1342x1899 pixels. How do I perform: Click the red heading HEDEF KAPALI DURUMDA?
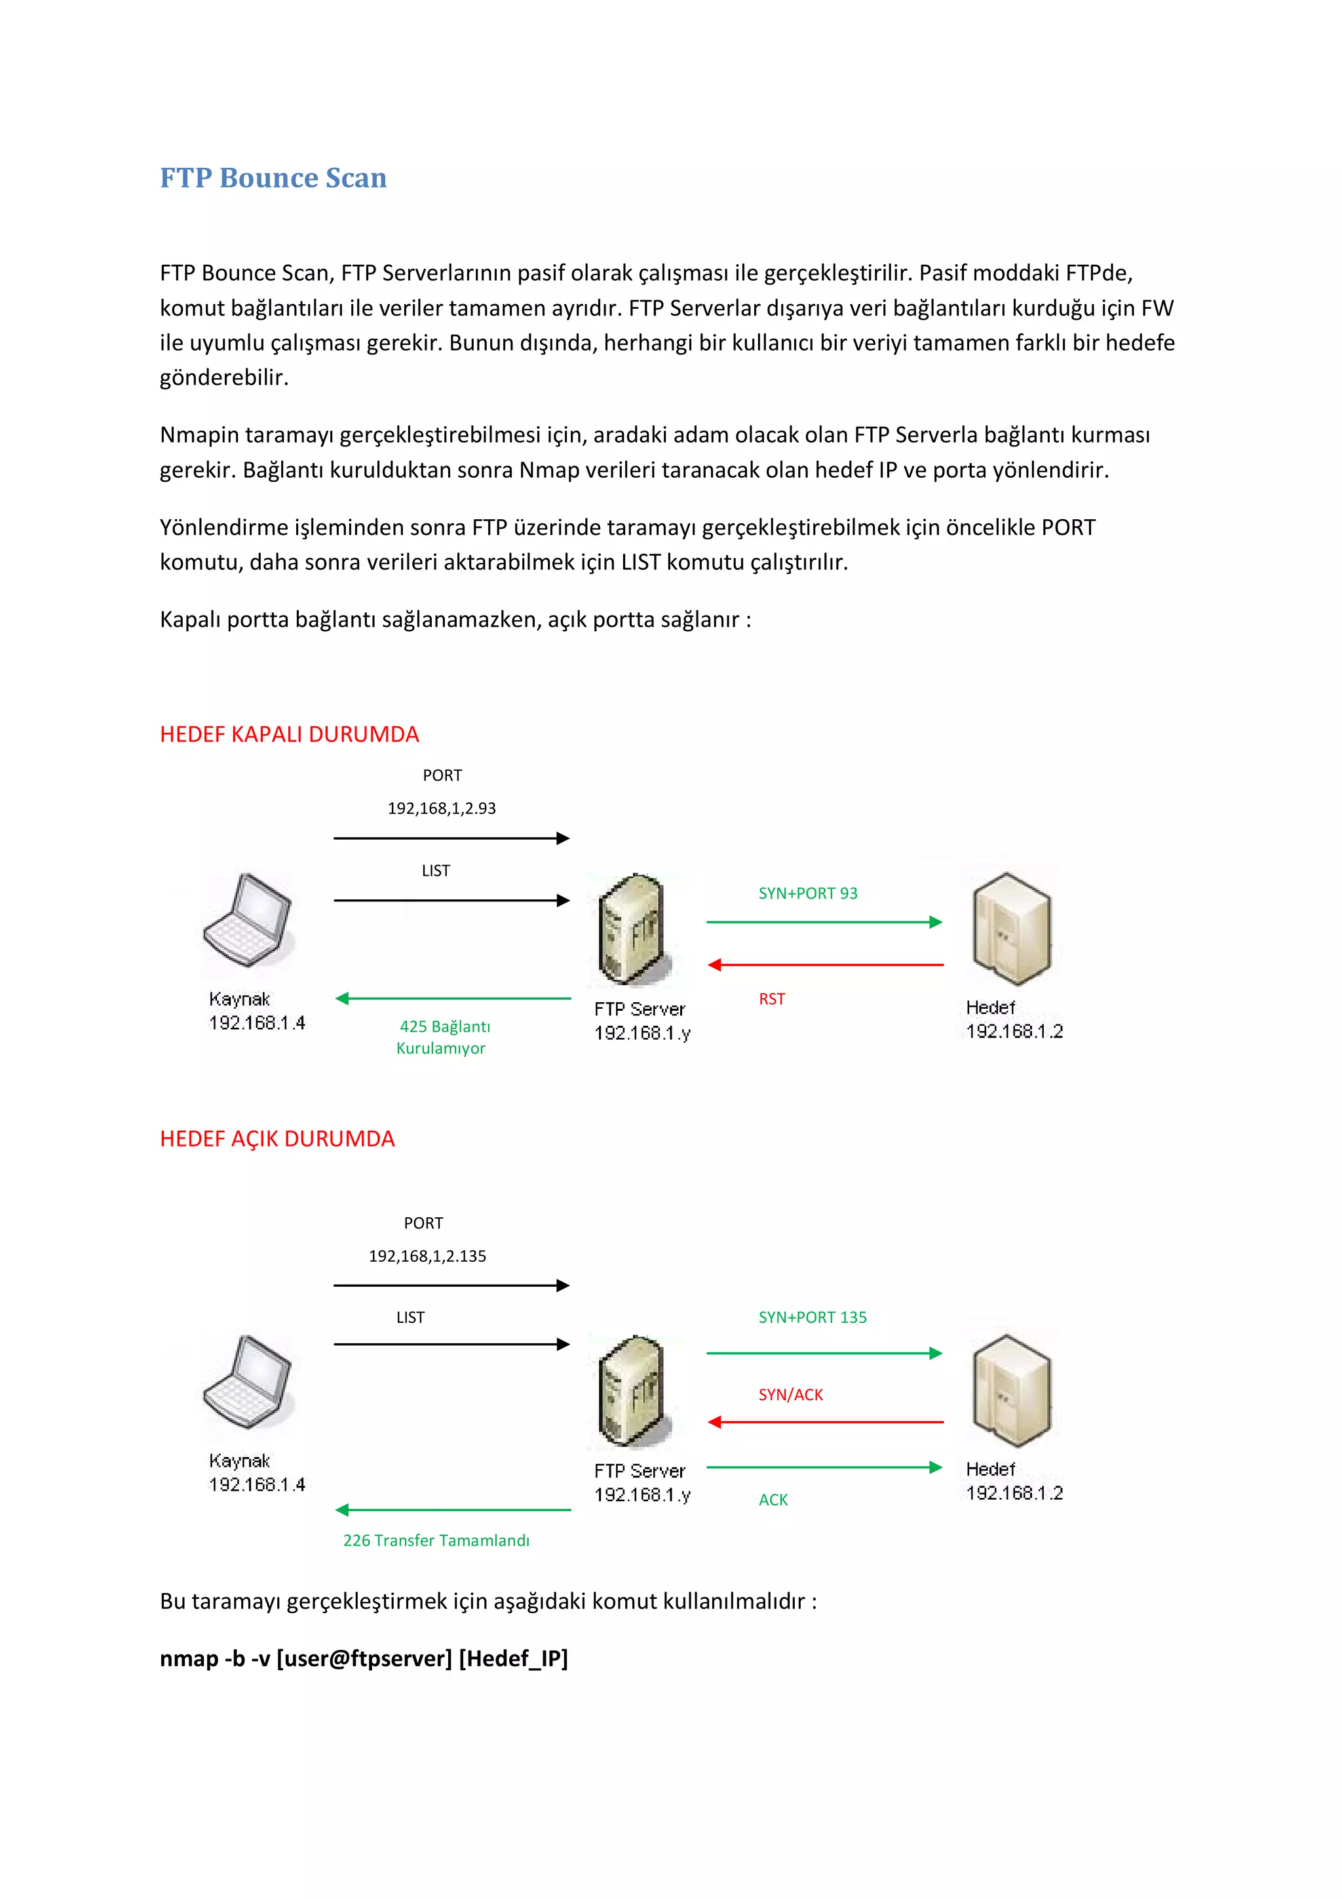(290, 734)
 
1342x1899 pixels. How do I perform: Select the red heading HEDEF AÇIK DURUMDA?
(277, 1139)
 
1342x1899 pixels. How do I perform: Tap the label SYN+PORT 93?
(808, 893)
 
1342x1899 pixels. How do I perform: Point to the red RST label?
(771, 999)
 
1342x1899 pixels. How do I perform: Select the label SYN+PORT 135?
(812, 1318)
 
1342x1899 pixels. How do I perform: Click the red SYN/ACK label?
(790, 1394)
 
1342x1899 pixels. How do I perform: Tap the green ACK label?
(773, 1500)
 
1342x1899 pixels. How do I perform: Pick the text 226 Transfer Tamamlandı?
(436, 1540)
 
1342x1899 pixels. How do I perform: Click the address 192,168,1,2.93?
(442, 808)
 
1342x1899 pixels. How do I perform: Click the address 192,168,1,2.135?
(427, 1255)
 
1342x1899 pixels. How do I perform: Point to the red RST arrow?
(825, 964)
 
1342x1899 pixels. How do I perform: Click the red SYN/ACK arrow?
(825, 1422)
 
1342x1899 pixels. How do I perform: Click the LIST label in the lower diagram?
(410, 1318)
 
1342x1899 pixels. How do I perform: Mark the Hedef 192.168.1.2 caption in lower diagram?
(1014, 1481)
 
